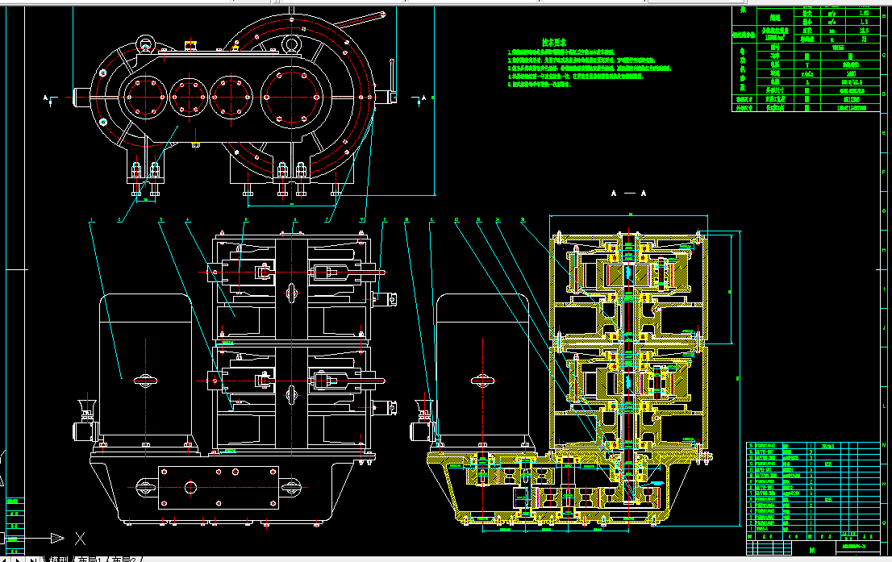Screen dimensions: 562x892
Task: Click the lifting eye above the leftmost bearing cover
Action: click(145, 43)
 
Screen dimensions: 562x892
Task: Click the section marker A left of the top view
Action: click(47, 98)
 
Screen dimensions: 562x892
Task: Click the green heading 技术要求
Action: click(554, 42)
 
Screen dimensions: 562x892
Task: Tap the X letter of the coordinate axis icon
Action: click(80, 537)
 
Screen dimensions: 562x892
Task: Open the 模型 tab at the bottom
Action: click(59, 558)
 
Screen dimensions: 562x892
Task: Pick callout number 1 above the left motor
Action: click(93, 219)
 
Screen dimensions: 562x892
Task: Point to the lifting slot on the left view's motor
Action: click(146, 380)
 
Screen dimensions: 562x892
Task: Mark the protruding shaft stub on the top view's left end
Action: click(80, 97)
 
